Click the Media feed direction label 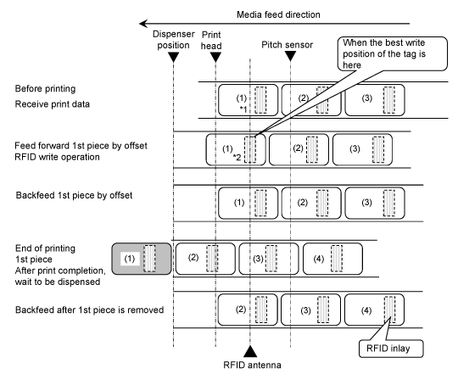click(278, 14)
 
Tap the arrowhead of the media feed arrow click(143, 24)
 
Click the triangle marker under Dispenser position click(174, 57)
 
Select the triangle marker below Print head click(215, 57)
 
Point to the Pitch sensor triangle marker click(290, 56)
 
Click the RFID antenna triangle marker click(250, 352)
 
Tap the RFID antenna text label click(252, 365)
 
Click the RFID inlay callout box click(391, 349)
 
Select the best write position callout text click(384, 53)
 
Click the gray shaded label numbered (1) click(142, 259)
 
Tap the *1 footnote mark click(243, 109)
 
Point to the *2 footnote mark click(237, 158)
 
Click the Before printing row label click(45, 89)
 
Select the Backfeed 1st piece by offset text click(74, 195)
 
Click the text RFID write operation click(58, 157)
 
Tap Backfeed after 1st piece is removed click(89, 310)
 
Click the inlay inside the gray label click(149, 259)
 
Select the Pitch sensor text click(288, 45)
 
